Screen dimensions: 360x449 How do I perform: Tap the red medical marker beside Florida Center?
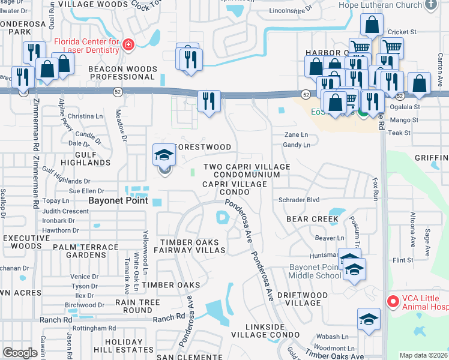click(127, 45)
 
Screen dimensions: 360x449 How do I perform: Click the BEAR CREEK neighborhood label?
click(312, 220)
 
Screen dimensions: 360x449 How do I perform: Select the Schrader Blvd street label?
click(299, 200)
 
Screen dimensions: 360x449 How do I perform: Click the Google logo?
click(20, 353)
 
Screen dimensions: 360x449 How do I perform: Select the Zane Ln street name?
click(295, 135)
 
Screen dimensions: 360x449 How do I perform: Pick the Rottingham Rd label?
click(94, 328)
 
